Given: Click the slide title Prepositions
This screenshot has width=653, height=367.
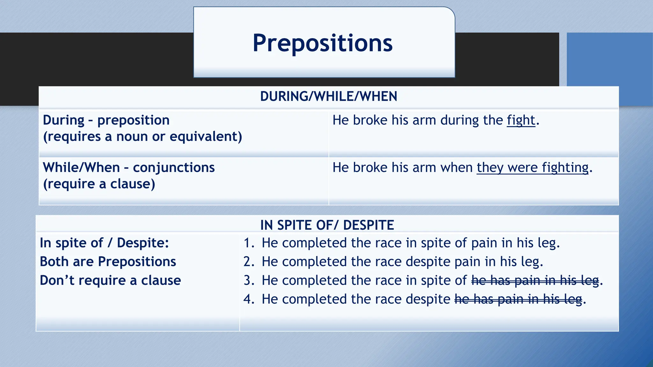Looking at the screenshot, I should pos(322,43).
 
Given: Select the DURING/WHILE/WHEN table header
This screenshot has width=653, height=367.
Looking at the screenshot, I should pos(328,97).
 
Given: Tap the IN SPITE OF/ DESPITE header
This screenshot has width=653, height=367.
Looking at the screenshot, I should pos(327,225).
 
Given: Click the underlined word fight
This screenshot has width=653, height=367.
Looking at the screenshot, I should pos(521,120).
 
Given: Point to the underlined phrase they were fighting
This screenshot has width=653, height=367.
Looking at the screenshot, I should pos(532,168).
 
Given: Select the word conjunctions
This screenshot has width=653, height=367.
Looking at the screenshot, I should pos(174,168).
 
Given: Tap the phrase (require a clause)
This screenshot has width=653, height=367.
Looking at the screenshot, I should pos(99,184).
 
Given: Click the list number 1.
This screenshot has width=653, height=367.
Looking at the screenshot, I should pos(248,243).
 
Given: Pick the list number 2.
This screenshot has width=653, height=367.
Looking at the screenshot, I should pos(248,262).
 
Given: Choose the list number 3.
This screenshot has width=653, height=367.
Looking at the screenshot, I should pos(248,281).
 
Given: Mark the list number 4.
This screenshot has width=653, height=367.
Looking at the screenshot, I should pos(248,299).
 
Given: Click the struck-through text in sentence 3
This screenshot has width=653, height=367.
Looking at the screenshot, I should pos(535,281).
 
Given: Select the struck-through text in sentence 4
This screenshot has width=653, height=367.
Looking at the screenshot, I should pos(518,299).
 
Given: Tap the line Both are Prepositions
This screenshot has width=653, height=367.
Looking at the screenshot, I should pos(108,262).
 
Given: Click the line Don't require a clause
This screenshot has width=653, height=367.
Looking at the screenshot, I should pos(110,281).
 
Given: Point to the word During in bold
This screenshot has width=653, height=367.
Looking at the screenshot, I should pos(63,120).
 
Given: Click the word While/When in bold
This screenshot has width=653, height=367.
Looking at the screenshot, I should pos(81,168).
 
